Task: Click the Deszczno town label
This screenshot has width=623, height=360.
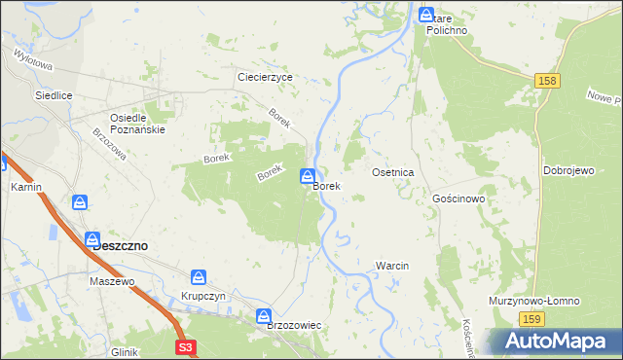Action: point(120,246)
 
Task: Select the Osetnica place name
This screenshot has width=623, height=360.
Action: point(393,172)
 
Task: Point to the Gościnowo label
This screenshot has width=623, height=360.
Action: point(458,198)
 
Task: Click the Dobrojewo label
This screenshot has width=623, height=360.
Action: point(568,170)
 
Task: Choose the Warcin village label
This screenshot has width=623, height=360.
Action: point(391,266)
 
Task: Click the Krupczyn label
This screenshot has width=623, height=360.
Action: point(203,296)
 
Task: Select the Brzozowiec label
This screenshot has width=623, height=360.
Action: point(294,326)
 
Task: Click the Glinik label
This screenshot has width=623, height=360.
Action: point(125,351)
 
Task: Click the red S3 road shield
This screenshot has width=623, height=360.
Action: point(186,346)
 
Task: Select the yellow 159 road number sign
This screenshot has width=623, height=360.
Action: point(531,319)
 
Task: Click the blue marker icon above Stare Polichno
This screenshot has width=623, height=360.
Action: point(426,15)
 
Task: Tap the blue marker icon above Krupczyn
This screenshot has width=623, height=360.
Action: point(199,277)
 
